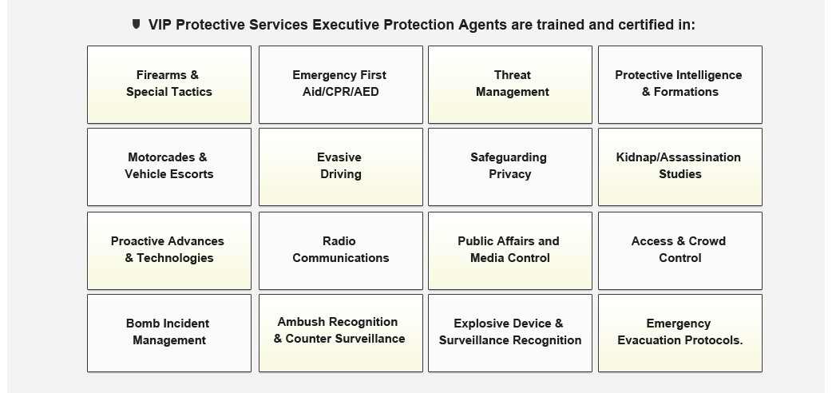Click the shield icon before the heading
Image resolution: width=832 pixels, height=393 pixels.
(137, 24)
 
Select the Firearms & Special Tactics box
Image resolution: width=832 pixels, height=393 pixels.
(169, 85)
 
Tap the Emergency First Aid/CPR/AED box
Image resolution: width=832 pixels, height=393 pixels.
(341, 85)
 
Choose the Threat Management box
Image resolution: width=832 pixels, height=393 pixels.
(510, 85)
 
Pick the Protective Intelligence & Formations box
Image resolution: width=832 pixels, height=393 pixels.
(680, 85)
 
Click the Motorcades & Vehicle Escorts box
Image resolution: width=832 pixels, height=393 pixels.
(169, 167)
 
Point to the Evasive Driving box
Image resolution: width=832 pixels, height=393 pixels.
(341, 167)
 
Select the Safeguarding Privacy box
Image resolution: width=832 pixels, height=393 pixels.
(510, 167)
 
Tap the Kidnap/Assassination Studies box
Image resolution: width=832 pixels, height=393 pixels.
(680, 167)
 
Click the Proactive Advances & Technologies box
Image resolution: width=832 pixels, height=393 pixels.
(169, 251)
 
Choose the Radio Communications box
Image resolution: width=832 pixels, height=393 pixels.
(341, 251)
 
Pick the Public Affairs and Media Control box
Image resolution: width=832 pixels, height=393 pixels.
(510, 251)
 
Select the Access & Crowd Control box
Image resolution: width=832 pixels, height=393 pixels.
(680, 251)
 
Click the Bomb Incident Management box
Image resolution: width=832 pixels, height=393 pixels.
(169, 333)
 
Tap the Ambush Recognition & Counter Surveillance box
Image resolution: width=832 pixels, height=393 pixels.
(341, 333)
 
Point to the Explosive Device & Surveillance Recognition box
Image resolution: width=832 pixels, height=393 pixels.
(510, 333)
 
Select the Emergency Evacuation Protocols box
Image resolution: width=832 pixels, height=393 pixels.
(680, 333)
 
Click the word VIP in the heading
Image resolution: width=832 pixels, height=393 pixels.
(160, 25)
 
